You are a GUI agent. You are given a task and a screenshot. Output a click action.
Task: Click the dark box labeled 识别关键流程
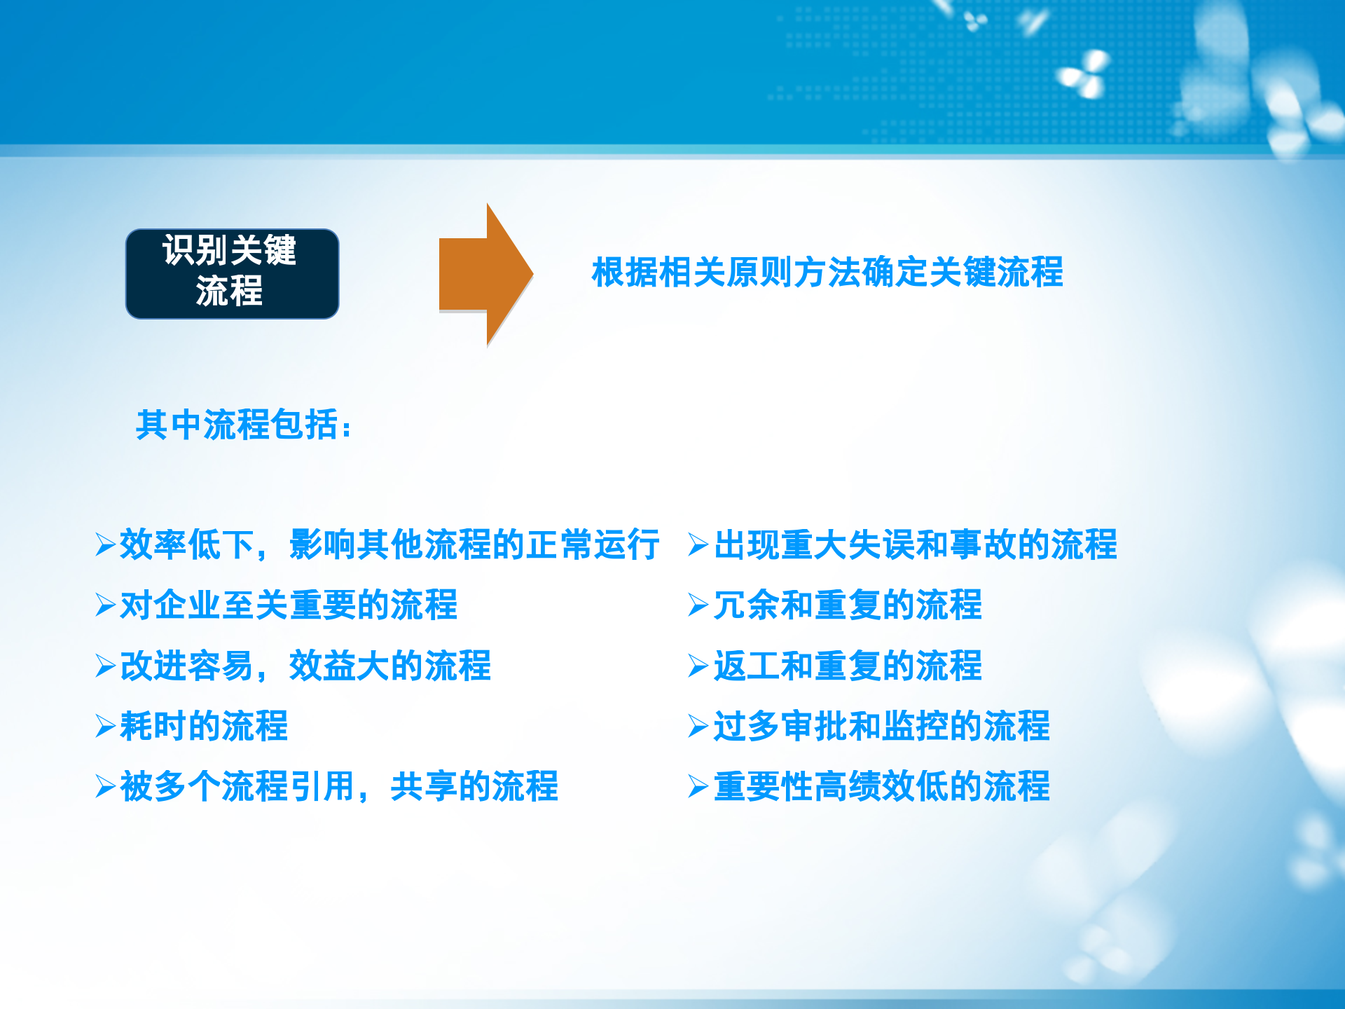point(232,273)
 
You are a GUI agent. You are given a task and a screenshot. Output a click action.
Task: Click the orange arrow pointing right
point(483,274)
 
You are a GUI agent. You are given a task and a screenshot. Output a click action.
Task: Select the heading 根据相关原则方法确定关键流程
point(827,272)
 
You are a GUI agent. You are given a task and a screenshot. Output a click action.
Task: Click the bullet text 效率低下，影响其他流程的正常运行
point(389,544)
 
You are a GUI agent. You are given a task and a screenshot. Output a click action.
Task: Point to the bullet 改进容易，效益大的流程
point(305,665)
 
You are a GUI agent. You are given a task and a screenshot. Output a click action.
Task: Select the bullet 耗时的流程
point(204,725)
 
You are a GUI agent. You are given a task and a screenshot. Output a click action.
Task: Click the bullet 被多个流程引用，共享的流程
point(339,785)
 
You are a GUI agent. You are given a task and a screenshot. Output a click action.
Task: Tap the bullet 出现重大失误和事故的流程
point(915,544)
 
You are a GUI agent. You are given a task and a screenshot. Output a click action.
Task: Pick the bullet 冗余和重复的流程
point(848,605)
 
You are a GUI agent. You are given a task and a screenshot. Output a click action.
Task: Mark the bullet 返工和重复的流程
point(848,665)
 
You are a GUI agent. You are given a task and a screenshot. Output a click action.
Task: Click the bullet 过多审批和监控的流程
point(881,725)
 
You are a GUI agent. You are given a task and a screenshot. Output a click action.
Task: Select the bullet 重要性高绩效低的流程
point(881,785)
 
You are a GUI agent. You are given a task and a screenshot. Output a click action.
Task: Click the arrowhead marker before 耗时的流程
point(105,726)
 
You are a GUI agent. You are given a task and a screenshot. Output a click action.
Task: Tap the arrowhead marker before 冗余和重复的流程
point(698,605)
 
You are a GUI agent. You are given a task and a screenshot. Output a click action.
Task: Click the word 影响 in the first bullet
point(322,544)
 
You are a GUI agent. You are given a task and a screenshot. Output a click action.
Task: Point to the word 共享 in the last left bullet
point(424,785)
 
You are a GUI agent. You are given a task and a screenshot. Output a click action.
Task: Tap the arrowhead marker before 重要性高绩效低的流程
point(698,786)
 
